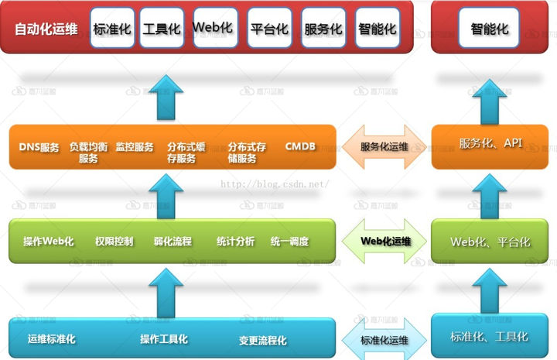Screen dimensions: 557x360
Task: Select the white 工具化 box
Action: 162,29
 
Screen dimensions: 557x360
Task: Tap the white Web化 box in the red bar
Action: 214,28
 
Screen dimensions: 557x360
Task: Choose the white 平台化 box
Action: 269,29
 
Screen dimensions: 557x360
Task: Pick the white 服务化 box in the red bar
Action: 323,29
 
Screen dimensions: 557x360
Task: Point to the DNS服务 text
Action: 39,147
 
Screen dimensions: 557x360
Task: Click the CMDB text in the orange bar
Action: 300,146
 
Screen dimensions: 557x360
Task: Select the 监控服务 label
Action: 135,147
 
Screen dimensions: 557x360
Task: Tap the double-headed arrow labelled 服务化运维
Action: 384,146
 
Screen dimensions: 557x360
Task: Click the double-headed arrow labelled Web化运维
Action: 384,241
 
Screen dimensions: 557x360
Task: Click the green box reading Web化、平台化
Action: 490,242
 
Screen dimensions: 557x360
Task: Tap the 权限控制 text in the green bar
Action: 113,242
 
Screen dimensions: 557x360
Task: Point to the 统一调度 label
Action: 289,242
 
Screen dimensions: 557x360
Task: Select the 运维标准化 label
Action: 51,339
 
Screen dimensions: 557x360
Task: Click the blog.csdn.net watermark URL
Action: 275,185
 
